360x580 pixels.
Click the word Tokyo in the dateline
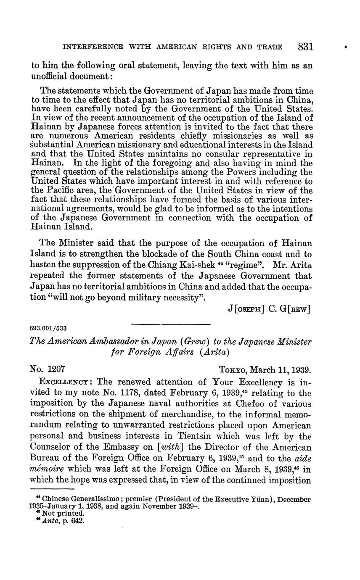point(233,370)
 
